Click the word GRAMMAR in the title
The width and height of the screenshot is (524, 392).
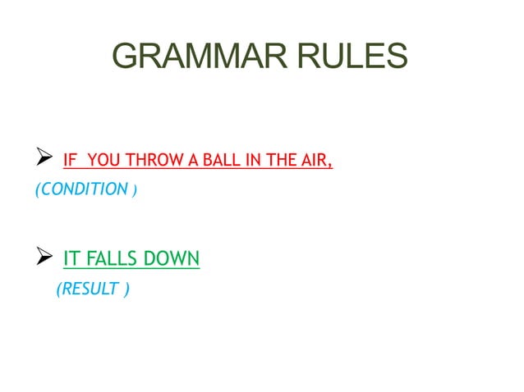coord(205,56)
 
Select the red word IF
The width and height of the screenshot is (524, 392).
coord(69,160)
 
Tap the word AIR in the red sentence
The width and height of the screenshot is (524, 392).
coord(313,160)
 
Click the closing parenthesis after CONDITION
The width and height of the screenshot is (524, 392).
coord(136,190)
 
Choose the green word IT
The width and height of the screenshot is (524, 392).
coord(71,261)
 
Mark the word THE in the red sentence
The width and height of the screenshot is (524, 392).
coord(269,160)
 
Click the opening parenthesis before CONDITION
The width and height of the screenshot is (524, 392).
coord(36,190)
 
